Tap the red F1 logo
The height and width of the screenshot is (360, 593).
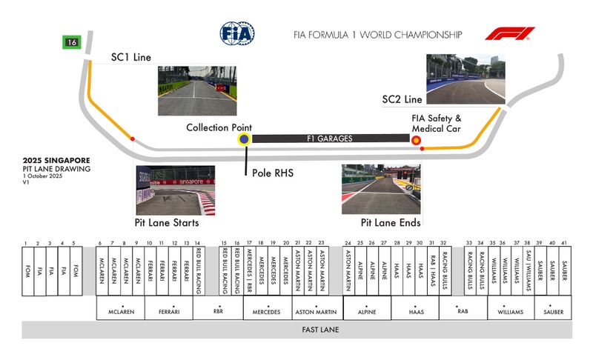click(509, 34)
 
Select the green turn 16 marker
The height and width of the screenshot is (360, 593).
click(71, 42)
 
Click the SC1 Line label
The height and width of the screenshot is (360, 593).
click(130, 57)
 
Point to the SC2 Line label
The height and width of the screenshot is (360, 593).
click(402, 99)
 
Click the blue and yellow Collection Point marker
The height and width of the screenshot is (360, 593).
click(244, 139)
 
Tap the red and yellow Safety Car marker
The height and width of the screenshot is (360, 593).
click(416, 139)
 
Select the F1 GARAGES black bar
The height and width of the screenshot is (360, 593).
click(330, 139)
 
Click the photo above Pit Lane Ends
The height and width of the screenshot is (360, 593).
click(381, 190)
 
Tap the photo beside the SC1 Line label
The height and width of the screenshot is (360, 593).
click(196, 90)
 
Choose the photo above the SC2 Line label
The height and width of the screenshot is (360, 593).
click(466, 77)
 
